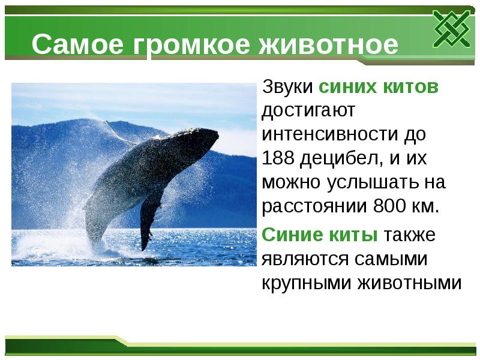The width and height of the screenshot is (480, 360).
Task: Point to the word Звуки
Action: click(x=287, y=87)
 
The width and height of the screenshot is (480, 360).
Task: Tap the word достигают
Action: click(x=308, y=111)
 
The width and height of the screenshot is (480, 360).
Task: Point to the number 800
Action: click(x=390, y=206)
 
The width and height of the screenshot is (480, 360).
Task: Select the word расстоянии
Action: click(x=314, y=206)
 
